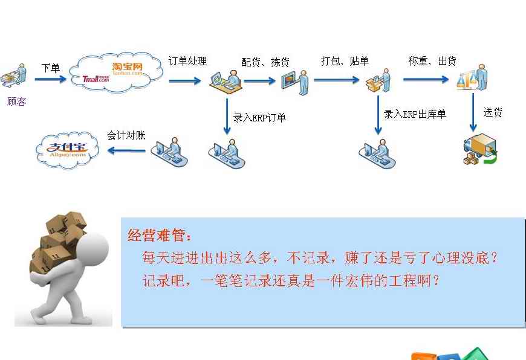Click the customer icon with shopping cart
point(13,75)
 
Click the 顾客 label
point(16,101)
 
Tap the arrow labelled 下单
point(51,79)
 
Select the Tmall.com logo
point(96,79)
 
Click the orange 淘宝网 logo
point(128,68)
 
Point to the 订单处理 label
point(187,61)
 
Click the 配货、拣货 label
point(265,62)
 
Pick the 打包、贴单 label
point(345,60)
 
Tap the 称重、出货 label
point(432,60)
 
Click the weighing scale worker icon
point(472,77)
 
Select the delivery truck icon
point(480,149)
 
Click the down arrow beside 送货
point(473,112)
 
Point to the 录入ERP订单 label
point(259,118)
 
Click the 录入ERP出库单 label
point(415,114)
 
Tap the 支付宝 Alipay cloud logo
point(68,150)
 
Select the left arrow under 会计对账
point(126,150)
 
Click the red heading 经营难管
point(160,236)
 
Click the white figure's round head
point(93,249)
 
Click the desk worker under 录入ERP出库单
point(377,153)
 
